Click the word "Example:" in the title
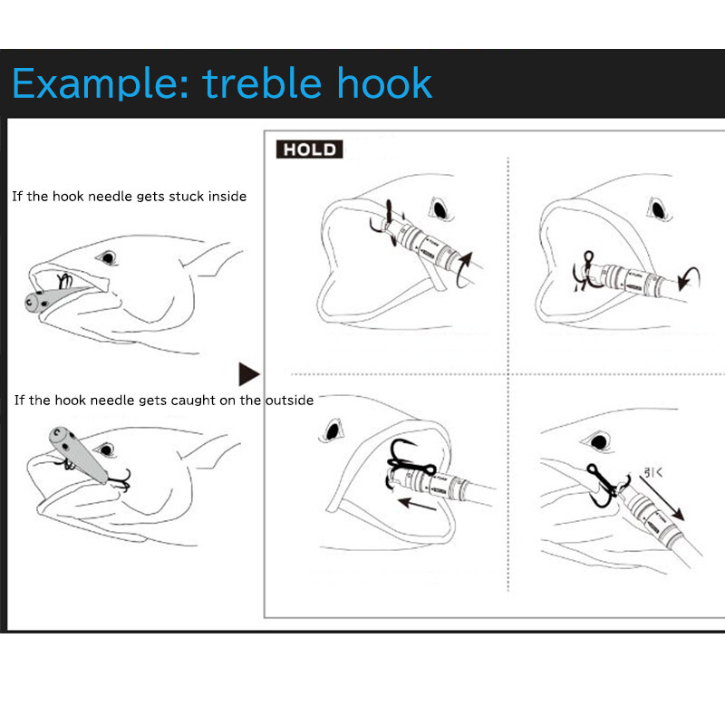(101, 83)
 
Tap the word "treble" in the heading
(262, 82)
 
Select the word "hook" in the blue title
(384, 82)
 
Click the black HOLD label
(309, 150)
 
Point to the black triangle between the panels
(248, 374)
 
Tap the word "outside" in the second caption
(289, 401)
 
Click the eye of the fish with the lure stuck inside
(108, 257)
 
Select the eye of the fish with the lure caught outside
(106, 449)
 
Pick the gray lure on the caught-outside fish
(77, 454)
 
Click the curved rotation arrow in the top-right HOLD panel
(690, 278)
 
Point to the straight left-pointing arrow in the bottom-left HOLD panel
(417, 505)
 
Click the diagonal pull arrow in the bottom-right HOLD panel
(662, 498)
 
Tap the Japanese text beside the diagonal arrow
(653, 472)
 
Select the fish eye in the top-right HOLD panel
(659, 210)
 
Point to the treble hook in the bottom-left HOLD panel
(409, 463)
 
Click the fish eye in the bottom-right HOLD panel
(599, 442)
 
